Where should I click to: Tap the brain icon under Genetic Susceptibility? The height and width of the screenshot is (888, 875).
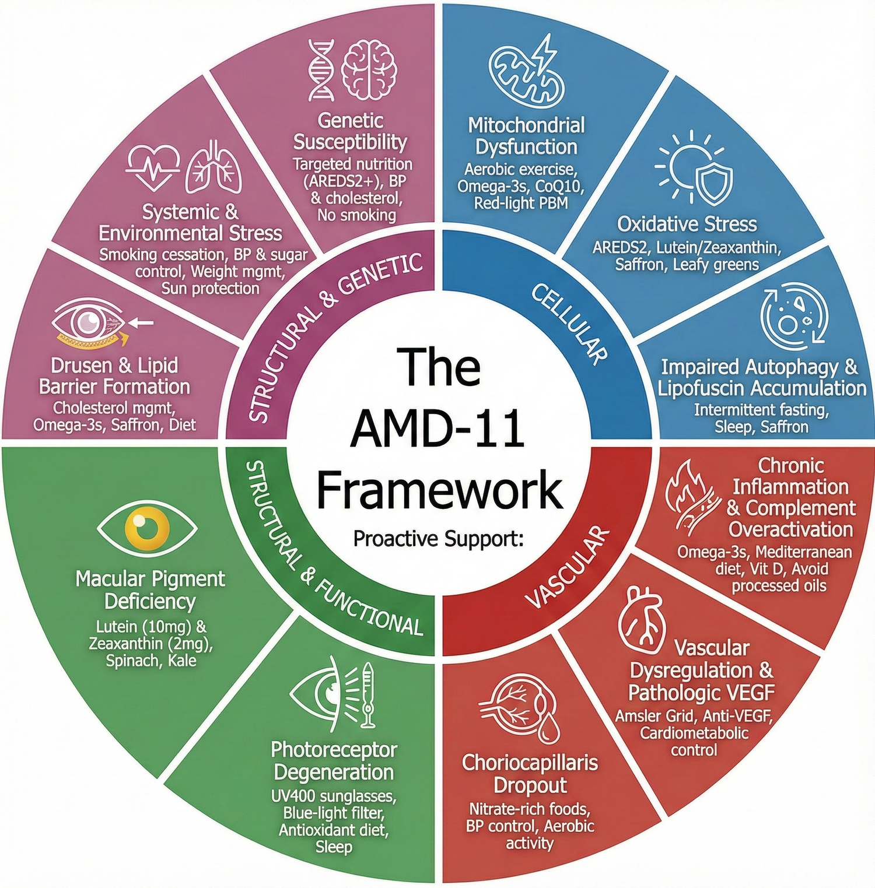[369, 70]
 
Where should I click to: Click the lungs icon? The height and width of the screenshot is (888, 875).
[213, 167]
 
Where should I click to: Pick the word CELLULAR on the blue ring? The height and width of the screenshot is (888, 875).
[569, 324]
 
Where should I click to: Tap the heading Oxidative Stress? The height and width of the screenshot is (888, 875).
[687, 224]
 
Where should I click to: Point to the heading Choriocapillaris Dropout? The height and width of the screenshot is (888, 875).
[530, 774]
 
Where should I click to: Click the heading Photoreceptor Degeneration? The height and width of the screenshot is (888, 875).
[334, 761]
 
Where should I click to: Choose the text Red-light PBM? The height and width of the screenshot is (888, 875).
[521, 203]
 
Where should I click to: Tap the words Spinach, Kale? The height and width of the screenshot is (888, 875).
[150, 661]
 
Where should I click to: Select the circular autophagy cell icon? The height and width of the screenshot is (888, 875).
[793, 316]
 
